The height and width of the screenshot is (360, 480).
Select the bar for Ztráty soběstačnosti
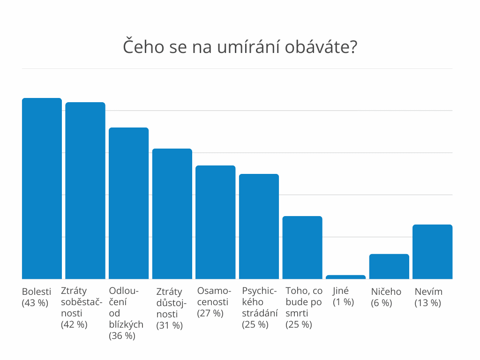coord(85,190)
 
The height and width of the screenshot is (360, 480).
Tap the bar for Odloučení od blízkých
coord(128,203)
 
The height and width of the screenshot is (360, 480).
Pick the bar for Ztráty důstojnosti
coord(172,214)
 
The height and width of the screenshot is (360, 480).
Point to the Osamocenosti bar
coord(216,222)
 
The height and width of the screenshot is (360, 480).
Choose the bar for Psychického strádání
coord(259,226)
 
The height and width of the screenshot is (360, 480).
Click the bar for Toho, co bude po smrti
coord(302,247)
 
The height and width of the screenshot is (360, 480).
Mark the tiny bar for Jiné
coord(345,277)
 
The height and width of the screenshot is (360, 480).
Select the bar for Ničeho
coord(389,266)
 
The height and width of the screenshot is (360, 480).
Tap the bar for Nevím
coord(432,252)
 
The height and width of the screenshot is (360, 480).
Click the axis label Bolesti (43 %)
coord(37,297)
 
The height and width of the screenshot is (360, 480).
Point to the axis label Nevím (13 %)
coord(428,297)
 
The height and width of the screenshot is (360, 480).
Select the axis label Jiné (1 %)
coord(343,297)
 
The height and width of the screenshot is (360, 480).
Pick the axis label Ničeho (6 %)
coord(386,297)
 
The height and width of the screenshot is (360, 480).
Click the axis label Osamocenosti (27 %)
coord(214,302)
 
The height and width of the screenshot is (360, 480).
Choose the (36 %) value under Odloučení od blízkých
coord(122,336)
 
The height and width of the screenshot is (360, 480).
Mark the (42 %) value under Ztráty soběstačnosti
coord(74,324)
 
